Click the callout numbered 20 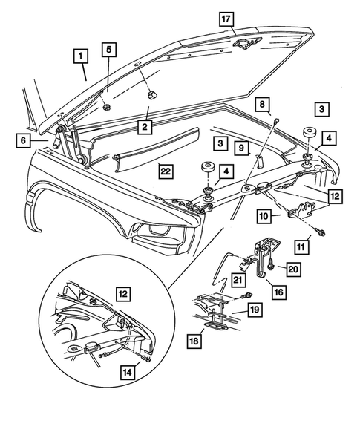coord(291,269)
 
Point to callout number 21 coord(238,280)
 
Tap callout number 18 coord(194,341)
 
